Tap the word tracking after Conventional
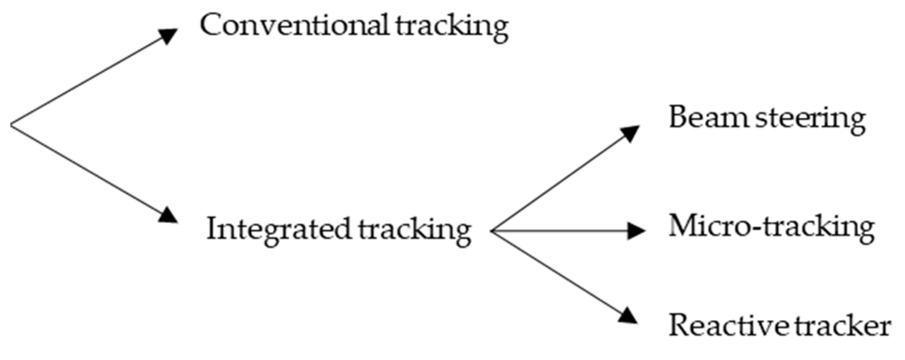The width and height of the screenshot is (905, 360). pyautogui.click(x=452, y=28)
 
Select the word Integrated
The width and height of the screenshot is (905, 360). pyautogui.click(x=278, y=229)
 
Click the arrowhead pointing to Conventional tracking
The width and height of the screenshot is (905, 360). pyautogui.click(x=169, y=35)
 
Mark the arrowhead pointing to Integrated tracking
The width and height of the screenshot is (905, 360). pyautogui.click(x=168, y=215)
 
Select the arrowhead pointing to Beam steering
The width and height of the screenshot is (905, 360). pyautogui.click(x=630, y=132)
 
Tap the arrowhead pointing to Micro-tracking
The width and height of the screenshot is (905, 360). pyautogui.click(x=636, y=231)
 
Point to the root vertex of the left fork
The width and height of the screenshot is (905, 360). pyautogui.click(x=11, y=124)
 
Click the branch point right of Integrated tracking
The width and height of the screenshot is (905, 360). pyautogui.click(x=492, y=231)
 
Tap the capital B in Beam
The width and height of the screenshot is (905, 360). pyautogui.click(x=679, y=118)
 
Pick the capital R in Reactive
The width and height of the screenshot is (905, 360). pyautogui.click(x=680, y=326)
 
